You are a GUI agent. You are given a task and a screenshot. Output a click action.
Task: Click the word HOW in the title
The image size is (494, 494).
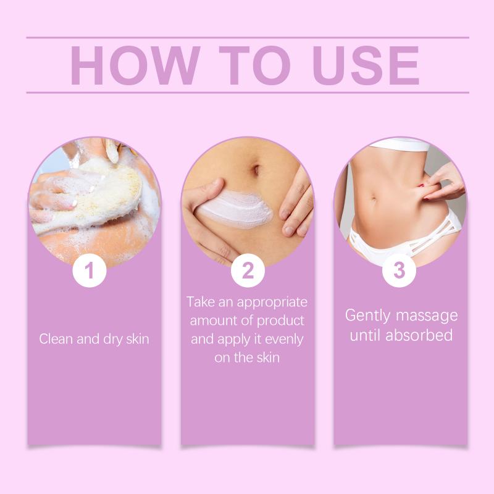(x=135, y=65)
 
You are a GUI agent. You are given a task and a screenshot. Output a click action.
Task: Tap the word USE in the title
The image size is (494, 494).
(x=366, y=65)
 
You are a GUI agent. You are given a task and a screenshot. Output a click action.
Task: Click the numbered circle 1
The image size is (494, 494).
(x=90, y=270)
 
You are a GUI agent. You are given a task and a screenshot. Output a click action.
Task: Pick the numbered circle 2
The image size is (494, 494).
(x=248, y=270)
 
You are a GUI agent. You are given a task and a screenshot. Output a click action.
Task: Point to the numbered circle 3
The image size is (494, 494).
(x=399, y=270)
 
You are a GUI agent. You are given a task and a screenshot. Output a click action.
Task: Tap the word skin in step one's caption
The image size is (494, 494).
(x=137, y=339)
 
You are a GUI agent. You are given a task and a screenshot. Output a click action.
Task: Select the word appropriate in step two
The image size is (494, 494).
(x=272, y=303)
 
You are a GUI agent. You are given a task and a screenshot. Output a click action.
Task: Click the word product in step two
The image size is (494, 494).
(x=280, y=321)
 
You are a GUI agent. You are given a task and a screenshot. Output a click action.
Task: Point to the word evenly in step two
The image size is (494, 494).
(x=284, y=340)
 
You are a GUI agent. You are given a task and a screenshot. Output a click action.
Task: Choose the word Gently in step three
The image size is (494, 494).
(x=367, y=316)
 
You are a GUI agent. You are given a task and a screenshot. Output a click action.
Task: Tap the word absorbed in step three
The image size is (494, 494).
(x=419, y=335)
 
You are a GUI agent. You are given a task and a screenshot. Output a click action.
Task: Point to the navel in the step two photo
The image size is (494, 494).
(x=256, y=170)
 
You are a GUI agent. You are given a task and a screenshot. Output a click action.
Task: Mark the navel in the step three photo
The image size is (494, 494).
(x=374, y=199)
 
